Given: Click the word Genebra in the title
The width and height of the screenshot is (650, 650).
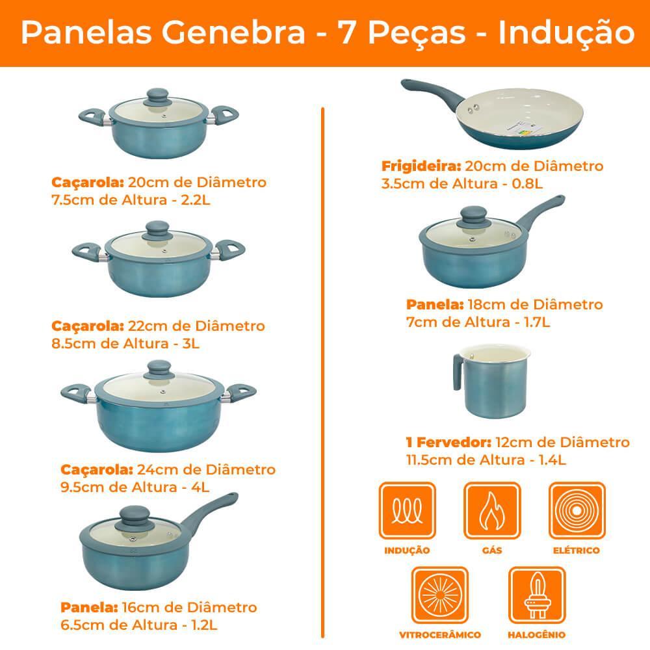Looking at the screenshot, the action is click(x=233, y=32).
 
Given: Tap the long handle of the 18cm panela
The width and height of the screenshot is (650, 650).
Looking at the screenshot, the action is click(x=541, y=213).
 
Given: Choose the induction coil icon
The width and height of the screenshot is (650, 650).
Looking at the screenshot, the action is click(x=407, y=510).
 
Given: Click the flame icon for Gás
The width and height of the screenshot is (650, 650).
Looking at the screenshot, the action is click(x=492, y=510).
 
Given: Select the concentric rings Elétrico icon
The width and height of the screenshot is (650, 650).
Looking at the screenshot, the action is click(x=577, y=510).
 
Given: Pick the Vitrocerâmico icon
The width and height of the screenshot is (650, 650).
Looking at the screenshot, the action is click(x=440, y=595).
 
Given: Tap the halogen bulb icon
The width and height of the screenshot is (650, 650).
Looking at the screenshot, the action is click(x=537, y=595).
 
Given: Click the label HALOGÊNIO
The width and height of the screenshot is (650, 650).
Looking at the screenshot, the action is click(x=536, y=634).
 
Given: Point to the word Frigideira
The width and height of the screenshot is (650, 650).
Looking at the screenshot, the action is click(x=421, y=166).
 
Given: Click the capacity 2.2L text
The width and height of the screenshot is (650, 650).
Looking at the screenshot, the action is click(x=196, y=200).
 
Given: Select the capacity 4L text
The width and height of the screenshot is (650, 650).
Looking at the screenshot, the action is click(x=200, y=487).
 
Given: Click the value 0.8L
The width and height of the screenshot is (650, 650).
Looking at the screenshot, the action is click(x=527, y=184).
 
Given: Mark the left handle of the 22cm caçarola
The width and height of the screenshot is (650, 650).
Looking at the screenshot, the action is click(x=88, y=250).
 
